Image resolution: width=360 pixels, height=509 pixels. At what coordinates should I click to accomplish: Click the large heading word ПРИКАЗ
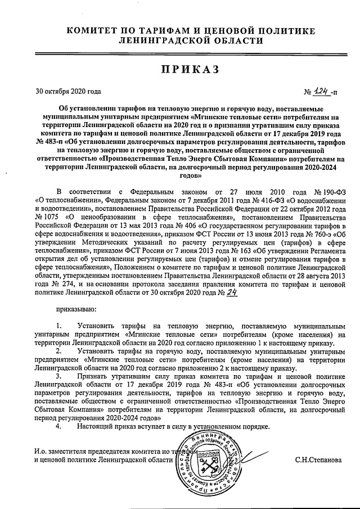(x=181, y=69)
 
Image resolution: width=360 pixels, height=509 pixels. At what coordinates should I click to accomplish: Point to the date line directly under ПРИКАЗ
(x=68, y=91)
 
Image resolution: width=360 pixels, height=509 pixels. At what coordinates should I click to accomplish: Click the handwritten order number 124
(x=321, y=91)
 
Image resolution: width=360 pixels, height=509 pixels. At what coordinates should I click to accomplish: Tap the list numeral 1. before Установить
(x=60, y=326)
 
